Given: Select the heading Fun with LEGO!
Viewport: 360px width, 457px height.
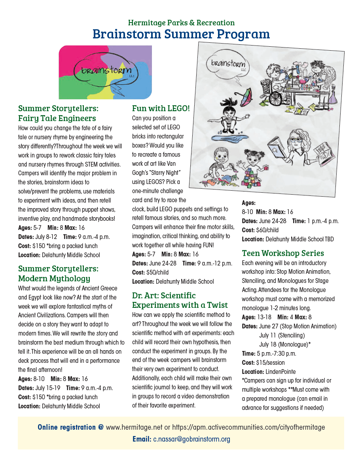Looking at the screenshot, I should [161, 108].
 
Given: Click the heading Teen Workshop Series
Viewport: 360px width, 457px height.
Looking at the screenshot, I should [283, 253].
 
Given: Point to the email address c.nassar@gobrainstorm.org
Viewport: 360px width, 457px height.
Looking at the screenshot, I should [191, 439].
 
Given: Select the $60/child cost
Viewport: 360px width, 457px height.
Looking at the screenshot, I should [267, 230].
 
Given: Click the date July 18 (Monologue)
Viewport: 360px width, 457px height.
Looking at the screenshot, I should [285, 344].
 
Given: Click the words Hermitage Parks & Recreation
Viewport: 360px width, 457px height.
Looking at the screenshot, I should [181, 23].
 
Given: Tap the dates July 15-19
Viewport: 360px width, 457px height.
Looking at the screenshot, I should [48, 388].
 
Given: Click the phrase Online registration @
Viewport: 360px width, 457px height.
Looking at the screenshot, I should [70, 427].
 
